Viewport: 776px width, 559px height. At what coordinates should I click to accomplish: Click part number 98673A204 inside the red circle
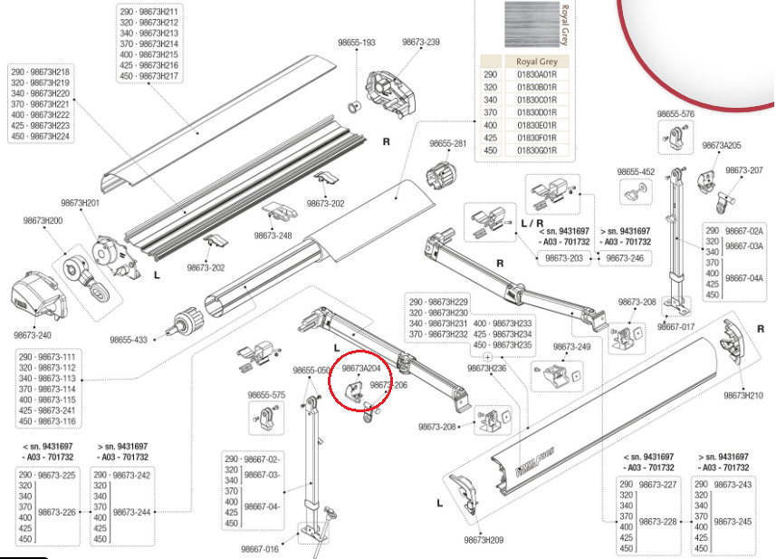361,368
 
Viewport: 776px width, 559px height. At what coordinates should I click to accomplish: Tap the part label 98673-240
33,335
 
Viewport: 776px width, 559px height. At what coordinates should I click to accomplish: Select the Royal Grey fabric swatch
532,24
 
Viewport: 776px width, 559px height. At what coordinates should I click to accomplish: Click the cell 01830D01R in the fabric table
537,112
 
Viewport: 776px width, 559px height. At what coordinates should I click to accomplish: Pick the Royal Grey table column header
537,62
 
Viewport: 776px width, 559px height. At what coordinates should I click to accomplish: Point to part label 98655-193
357,43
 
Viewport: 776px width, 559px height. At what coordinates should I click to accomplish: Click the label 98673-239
421,42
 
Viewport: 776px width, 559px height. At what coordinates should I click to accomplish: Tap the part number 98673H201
81,203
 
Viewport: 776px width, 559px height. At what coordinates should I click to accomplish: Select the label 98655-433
129,340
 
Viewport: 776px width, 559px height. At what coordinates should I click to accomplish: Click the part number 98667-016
260,549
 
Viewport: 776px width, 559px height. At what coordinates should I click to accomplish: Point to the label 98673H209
484,540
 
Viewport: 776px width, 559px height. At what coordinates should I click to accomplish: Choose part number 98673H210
743,395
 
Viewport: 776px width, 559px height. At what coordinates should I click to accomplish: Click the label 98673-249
571,347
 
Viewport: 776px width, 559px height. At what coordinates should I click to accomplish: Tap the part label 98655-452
636,172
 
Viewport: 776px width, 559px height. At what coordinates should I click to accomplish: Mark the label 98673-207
744,169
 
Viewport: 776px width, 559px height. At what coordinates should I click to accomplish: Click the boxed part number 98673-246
625,258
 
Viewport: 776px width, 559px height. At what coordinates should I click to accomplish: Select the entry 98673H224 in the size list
50,136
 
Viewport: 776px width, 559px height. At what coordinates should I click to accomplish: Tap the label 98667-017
676,327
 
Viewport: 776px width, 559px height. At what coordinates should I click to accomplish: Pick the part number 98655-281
448,143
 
